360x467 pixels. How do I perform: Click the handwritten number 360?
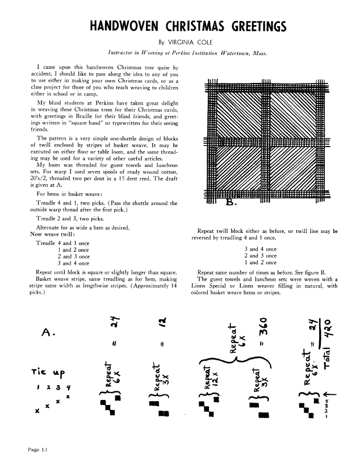tap(262, 337)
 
